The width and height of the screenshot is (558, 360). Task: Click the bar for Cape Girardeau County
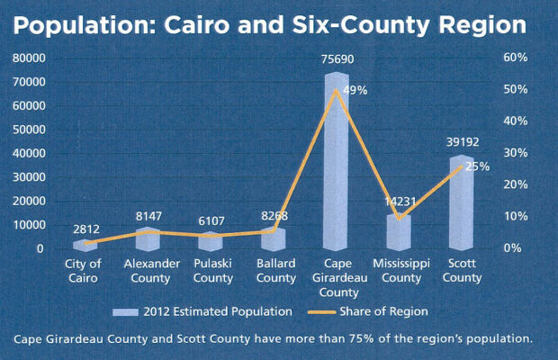(x=337, y=162)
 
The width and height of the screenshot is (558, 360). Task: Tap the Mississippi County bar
(x=400, y=231)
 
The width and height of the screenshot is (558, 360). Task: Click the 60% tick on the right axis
(x=514, y=58)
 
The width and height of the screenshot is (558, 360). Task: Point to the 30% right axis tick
(x=514, y=153)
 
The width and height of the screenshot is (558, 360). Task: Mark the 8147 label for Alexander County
(x=146, y=217)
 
